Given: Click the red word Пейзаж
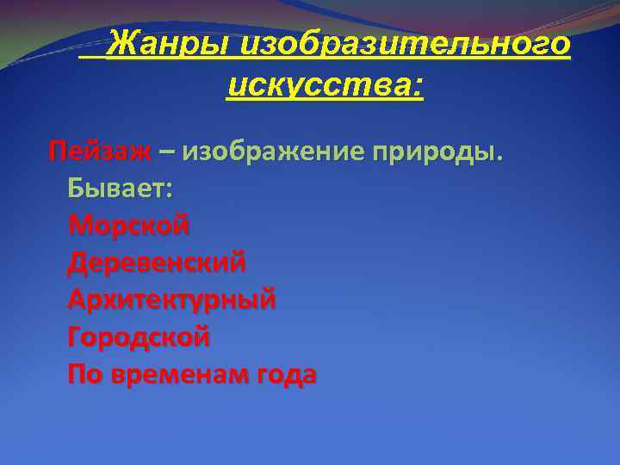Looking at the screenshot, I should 100,152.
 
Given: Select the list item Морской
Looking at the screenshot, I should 128,226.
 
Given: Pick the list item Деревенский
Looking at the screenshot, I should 157,263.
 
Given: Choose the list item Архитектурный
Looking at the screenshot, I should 172,300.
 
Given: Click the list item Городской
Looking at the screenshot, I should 139,337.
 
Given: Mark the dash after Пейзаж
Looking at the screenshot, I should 166,152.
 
